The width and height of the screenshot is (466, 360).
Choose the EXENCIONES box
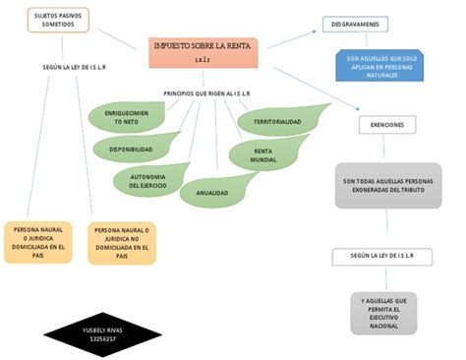[x=385, y=125]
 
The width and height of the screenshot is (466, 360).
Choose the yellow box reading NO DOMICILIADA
[x=123, y=242]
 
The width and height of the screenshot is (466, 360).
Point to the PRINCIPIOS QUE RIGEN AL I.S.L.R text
[x=205, y=93]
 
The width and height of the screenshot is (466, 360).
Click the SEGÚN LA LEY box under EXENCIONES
[x=384, y=256]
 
